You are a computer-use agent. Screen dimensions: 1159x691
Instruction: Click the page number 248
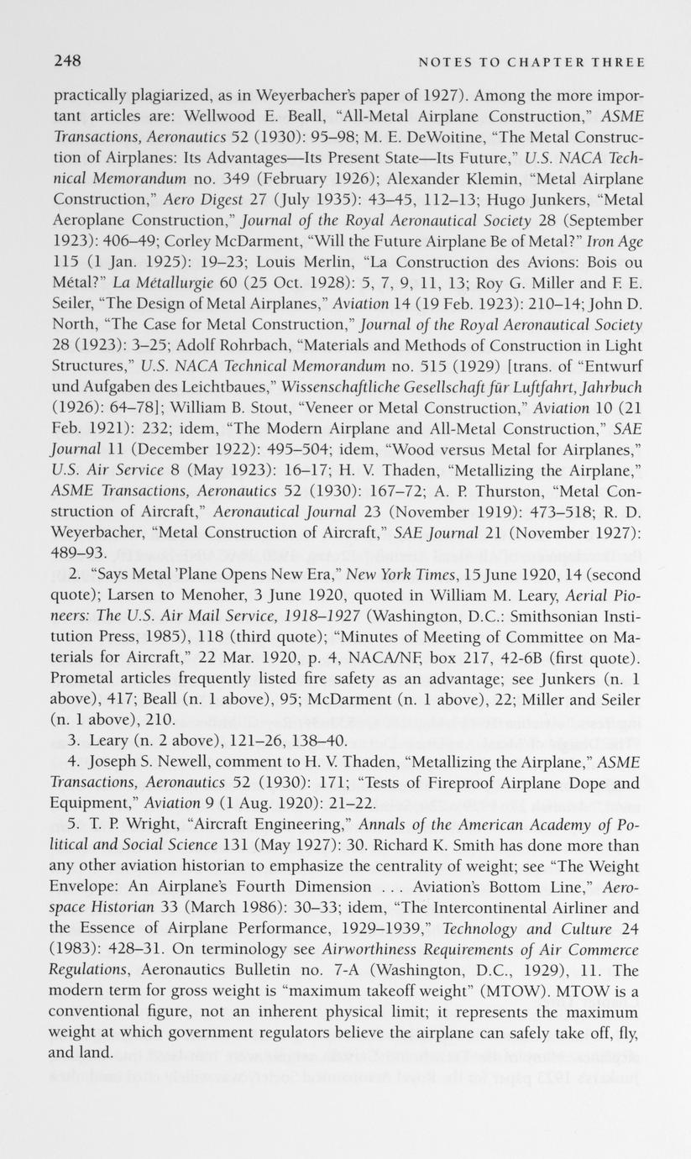(66, 61)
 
